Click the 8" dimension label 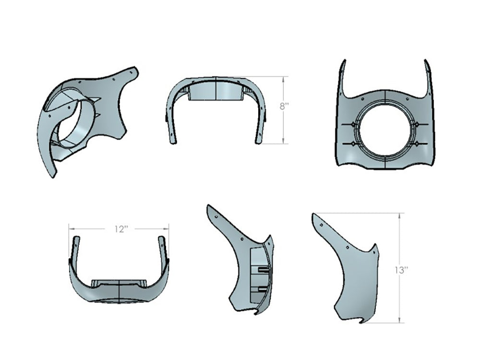click(x=284, y=106)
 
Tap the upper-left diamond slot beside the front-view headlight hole click(x=353, y=124)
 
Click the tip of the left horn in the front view click(x=343, y=61)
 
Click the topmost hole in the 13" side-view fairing click(x=320, y=222)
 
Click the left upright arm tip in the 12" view click(x=74, y=239)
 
